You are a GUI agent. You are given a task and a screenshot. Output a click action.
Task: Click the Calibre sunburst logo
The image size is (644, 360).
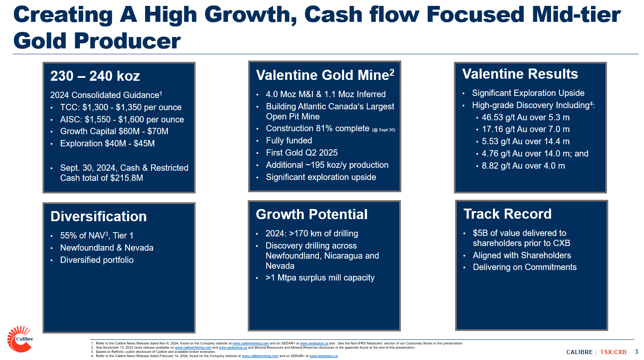tap(20, 339)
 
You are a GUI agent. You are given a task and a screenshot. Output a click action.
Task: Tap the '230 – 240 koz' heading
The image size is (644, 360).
tap(95, 76)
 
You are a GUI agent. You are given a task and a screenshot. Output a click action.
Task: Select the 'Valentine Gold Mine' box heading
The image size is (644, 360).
tap(325, 75)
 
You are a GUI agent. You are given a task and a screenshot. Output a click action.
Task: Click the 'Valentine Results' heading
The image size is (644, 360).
tap(520, 74)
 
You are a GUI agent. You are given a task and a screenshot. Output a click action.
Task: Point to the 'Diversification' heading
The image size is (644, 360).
tap(98, 217)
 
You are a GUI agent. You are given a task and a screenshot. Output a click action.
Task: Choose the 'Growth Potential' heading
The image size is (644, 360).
tap(312, 214)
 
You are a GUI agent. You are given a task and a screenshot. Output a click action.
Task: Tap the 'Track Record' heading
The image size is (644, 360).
tap(507, 214)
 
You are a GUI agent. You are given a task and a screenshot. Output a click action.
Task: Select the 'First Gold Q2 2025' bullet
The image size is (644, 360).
tap(302, 153)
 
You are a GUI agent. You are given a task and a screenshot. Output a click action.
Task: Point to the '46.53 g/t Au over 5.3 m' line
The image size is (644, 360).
tap(525, 117)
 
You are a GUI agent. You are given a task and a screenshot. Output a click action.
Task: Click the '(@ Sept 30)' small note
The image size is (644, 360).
tap(384, 130)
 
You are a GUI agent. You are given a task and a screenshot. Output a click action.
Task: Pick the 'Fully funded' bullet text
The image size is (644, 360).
tap(289, 140)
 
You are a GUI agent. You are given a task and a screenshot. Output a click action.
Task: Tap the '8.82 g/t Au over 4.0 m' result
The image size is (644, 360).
tap(523, 166)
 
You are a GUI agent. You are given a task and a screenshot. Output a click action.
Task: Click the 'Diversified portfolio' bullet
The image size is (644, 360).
tap(97, 260)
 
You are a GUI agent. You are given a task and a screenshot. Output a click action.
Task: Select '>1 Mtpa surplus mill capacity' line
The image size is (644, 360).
tap(320, 278)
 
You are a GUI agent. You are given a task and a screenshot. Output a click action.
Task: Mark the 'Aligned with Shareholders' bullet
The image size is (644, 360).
tap(522, 255)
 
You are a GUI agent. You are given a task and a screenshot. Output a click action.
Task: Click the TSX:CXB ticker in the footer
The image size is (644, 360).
tap(613, 352)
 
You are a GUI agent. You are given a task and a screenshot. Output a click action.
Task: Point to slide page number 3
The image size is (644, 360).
tap(636, 352)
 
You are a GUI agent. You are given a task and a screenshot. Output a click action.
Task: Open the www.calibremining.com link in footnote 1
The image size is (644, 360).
tap(250, 343)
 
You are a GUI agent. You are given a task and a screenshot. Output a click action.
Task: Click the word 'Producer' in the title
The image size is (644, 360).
tap(127, 41)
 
